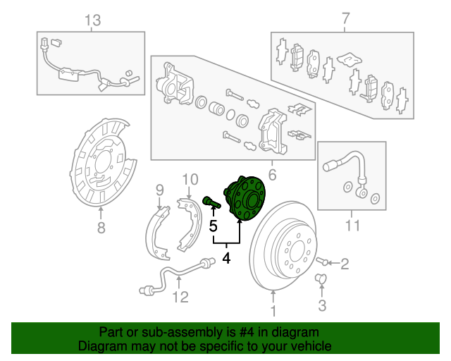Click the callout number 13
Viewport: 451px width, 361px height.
(x=93, y=20)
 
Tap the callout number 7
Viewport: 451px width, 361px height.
(x=346, y=18)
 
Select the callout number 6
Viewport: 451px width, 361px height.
(x=272, y=175)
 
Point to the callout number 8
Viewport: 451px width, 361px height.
(x=101, y=228)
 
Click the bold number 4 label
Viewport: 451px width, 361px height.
(x=226, y=257)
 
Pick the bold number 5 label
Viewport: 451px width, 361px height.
(x=213, y=226)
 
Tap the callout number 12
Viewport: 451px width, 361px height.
(x=180, y=297)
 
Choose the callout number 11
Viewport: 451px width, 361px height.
(x=352, y=226)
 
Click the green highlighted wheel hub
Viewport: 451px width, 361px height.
(x=245, y=198)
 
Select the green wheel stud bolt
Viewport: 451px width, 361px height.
(x=211, y=202)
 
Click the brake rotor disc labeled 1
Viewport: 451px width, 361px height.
(x=283, y=245)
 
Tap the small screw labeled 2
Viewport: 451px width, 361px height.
(x=322, y=261)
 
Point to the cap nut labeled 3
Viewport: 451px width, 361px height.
(x=321, y=279)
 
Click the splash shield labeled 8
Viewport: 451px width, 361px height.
(x=103, y=162)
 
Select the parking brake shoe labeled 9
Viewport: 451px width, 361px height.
(x=158, y=233)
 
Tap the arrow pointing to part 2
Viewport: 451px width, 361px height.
(x=333, y=263)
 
